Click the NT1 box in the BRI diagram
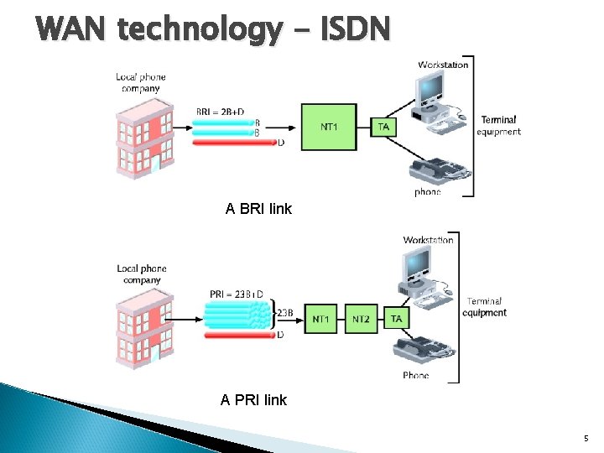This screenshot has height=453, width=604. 329,128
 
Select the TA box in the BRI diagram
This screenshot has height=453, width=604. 383,127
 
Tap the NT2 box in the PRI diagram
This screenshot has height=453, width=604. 361,319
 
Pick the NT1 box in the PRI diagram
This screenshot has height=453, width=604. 321,319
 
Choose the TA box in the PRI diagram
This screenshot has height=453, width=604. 396,319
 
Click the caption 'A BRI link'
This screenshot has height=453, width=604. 258,209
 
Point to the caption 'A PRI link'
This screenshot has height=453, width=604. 253,400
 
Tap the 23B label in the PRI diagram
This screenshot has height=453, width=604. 285,313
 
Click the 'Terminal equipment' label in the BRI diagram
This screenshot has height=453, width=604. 499,126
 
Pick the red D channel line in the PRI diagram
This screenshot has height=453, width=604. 239,334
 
